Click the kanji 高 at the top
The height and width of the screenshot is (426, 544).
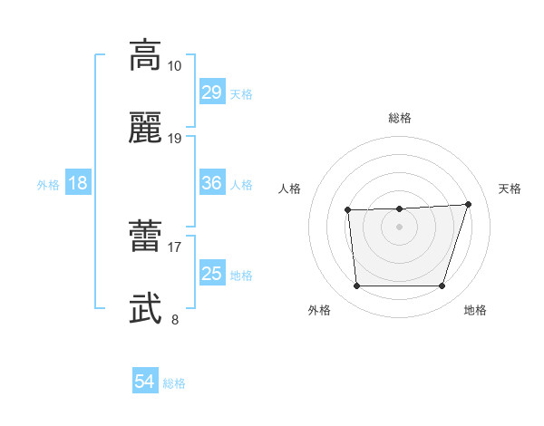click(145, 55)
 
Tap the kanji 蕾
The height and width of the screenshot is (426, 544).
click(145, 237)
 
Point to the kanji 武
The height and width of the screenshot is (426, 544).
click(145, 309)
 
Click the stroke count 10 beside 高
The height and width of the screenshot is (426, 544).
click(175, 66)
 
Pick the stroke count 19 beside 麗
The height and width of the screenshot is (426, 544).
click(175, 138)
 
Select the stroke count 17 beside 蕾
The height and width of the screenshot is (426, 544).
click(175, 247)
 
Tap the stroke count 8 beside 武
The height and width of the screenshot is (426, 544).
click(175, 319)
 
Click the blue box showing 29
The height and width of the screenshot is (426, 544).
click(211, 92)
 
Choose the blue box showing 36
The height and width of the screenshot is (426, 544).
click(211, 183)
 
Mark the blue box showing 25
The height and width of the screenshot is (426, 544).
click(211, 274)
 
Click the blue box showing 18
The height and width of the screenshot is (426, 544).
click(78, 183)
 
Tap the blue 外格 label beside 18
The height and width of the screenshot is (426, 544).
click(48, 185)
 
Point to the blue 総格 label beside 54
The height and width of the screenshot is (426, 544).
click(174, 383)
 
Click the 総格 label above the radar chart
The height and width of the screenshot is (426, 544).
click(400, 118)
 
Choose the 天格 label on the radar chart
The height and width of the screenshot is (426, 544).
click(510, 189)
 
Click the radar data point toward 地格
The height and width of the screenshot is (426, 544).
click(442, 286)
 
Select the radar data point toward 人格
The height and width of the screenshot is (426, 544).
click(348, 210)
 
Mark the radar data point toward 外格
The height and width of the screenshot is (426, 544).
click(356, 286)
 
